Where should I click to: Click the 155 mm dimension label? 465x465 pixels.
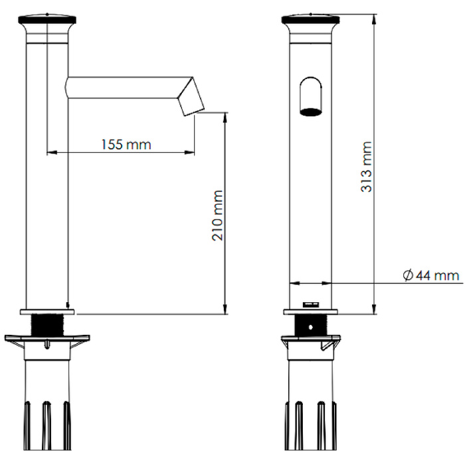(x=126, y=144)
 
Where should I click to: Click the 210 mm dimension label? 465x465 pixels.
(x=217, y=215)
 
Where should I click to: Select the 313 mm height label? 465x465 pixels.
(x=367, y=167)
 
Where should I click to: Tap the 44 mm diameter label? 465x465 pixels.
(x=437, y=276)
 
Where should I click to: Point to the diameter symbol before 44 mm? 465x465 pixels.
(x=408, y=276)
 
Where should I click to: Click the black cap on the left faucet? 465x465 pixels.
(x=47, y=19)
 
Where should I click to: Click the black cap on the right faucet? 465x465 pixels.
(x=310, y=19)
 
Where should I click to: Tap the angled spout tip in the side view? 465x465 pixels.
(x=191, y=97)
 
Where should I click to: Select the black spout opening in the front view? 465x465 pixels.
(x=311, y=112)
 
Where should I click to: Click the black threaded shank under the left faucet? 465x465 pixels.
(x=47, y=325)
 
